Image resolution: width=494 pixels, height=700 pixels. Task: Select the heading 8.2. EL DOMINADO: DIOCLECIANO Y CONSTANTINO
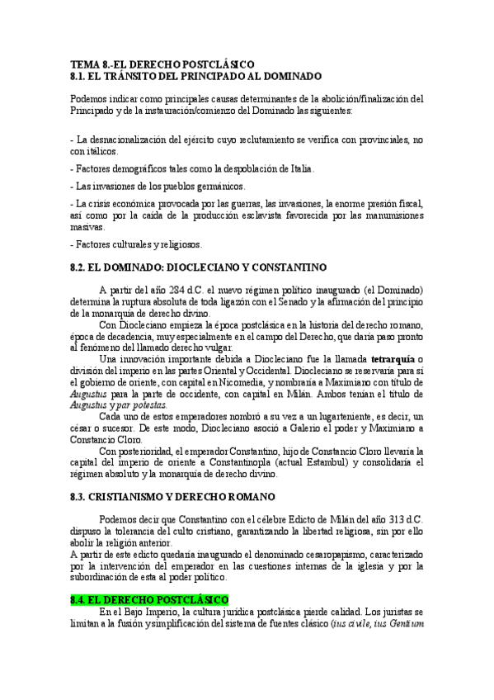[x=199, y=267]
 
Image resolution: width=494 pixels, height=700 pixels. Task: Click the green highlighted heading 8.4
[x=148, y=598]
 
